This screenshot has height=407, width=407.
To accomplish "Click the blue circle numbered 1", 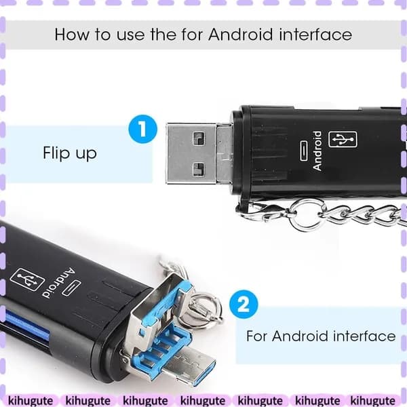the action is (x=142, y=129).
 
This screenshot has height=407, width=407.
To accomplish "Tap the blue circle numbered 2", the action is (x=244, y=305).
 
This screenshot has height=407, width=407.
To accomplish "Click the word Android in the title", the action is (x=241, y=35).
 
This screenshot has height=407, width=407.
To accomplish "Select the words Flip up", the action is (x=70, y=153).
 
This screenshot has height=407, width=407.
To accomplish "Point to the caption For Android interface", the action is (x=321, y=336).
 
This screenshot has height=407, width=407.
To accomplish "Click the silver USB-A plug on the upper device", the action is (x=191, y=153).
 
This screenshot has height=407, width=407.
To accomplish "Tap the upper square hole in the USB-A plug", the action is (x=199, y=138).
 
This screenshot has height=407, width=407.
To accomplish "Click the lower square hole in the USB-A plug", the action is (x=199, y=169).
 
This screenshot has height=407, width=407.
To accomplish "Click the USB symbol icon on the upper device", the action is (x=343, y=140).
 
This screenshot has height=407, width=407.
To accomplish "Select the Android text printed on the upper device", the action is (x=317, y=151).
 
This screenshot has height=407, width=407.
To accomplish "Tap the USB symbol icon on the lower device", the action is (x=27, y=279).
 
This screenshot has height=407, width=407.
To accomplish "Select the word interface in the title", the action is (x=315, y=35).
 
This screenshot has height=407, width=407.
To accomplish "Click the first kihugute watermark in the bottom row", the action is (x=31, y=400).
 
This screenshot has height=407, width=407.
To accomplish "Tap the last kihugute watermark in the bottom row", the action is (x=372, y=400).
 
